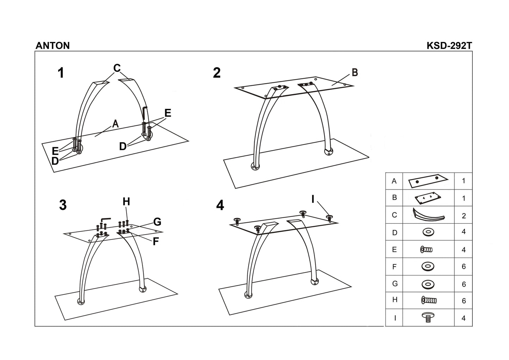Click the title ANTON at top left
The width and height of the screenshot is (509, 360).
[x=52, y=45]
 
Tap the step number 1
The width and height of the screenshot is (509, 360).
[x=61, y=73]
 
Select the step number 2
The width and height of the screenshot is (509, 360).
[x=217, y=73]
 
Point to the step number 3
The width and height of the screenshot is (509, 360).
[x=63, y=205]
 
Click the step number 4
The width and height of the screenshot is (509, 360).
[x=220, y=205]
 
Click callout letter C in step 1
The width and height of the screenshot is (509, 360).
[x=117, y=68]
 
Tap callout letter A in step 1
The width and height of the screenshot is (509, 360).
[x=115, y=124]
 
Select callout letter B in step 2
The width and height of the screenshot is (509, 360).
[x=355, y=72]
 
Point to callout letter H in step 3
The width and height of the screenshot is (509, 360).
[x=126, y=201]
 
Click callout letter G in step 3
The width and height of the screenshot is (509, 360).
[x=157, y=222]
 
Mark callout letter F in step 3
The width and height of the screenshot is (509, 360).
[x=156, y=242]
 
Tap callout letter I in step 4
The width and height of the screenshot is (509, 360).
[x=312, y=199]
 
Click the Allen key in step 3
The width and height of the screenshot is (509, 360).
[x=105, y=220]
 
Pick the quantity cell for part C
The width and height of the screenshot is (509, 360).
[x=464, y=216]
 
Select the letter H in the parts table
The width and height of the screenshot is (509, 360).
[x=395, y=300]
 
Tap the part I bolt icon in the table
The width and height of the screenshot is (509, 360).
[x=428, y=318]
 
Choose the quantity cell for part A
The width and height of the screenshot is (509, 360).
[x=464, y=181]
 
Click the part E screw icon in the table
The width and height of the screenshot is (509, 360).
[x=427, y=250]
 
